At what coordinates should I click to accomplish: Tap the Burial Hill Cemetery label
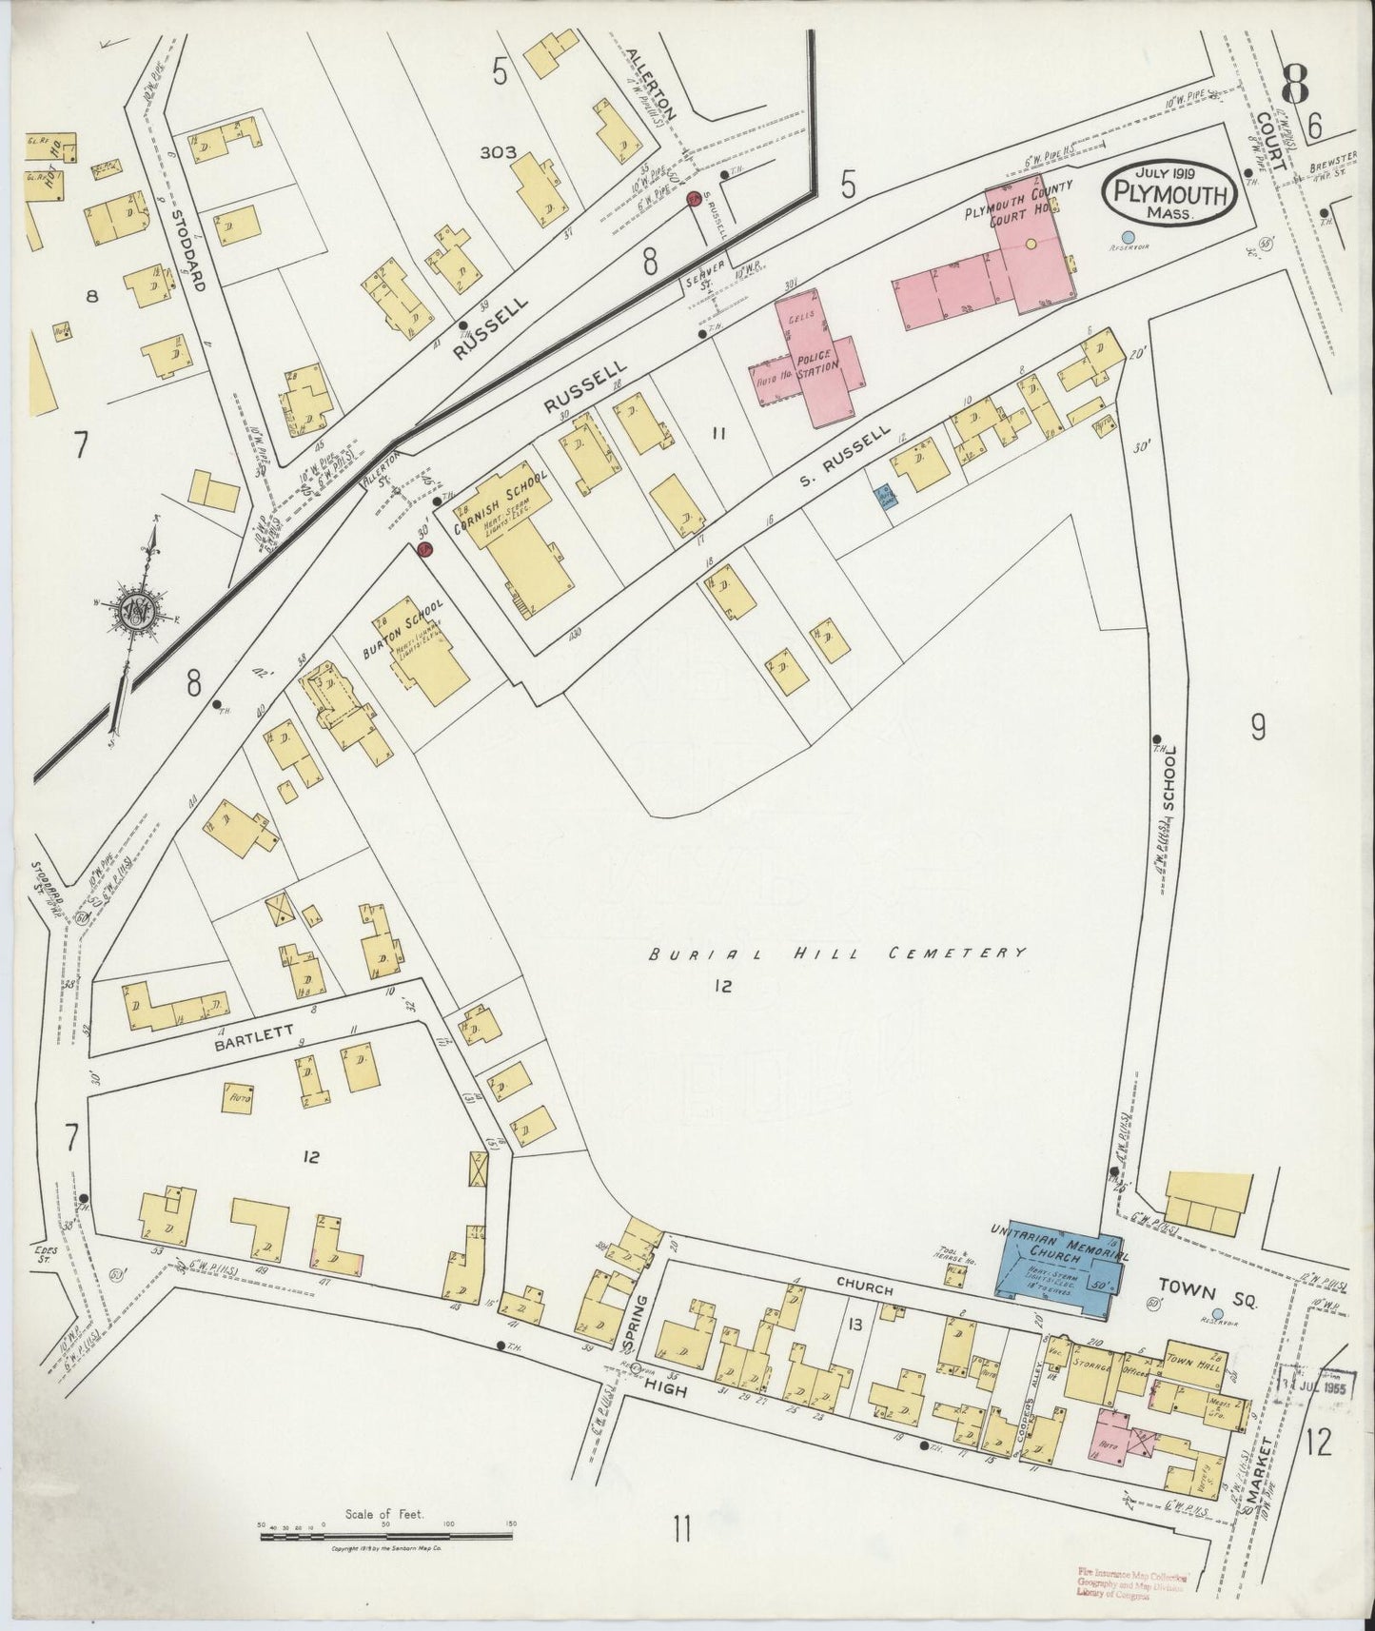coord(837,953)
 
